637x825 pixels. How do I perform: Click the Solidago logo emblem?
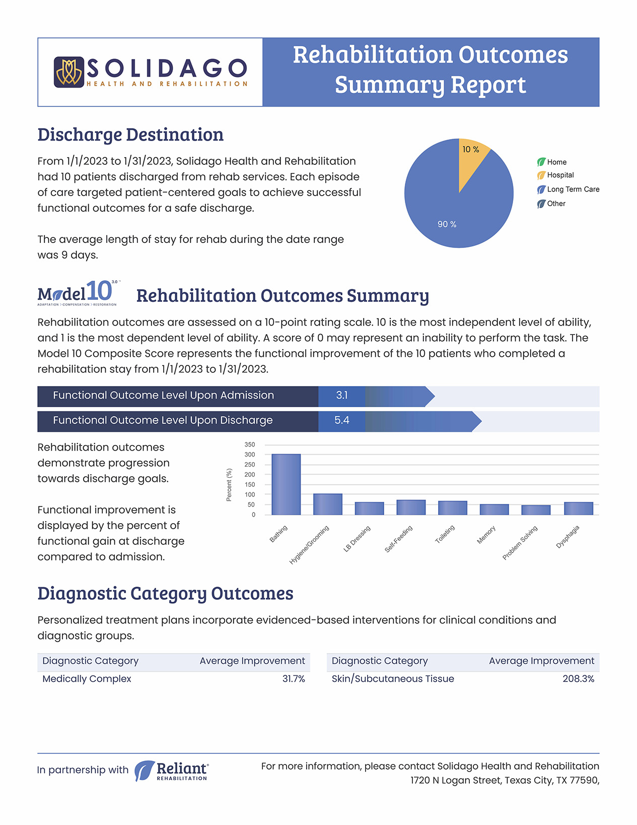[69, 72]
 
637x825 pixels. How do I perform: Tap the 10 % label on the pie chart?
[470, 150]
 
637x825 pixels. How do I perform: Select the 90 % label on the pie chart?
[447, 224]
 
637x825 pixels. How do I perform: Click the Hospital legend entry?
[555, 175]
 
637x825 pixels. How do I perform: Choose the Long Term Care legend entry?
[568, 189]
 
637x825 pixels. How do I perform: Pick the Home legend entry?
[552, 162]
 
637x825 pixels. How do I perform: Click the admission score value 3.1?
[341, 395]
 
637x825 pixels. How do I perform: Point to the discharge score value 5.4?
[341, 420]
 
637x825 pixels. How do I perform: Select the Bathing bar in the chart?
[286, 484]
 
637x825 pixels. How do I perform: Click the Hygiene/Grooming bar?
[328, 504]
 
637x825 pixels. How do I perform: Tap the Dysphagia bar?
[579, 509]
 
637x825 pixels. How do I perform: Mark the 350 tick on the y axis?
[250, 445]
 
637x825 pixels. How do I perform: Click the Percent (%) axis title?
[229, 485]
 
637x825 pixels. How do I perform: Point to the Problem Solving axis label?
[520, 543]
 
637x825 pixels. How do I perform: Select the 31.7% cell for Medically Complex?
[294, 678]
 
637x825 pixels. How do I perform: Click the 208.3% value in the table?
[578, 678]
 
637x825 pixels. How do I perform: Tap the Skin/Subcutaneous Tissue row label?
[393, 678]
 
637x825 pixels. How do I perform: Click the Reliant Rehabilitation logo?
[172, 771]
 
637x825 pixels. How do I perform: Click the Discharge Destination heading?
[130, 135]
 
